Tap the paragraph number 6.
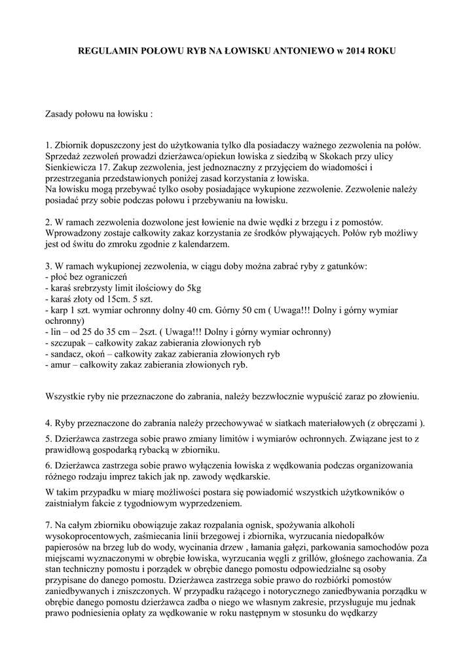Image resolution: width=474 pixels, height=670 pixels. click(48, 465)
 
